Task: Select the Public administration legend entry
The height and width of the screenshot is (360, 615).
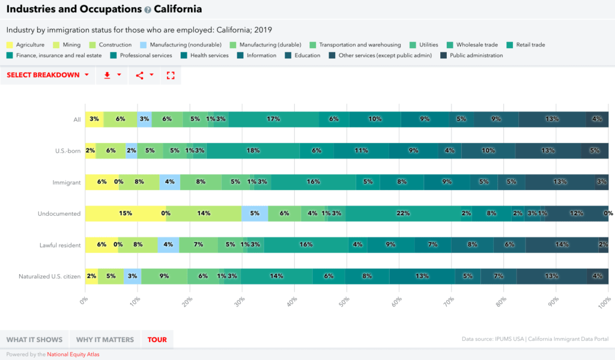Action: (x=476, y=55)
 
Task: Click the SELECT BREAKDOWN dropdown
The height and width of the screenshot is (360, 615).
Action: (x=48, y=75)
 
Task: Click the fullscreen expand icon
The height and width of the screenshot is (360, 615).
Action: (x=171, y=75)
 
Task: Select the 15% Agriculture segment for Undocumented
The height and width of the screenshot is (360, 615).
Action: (x=125, y=213)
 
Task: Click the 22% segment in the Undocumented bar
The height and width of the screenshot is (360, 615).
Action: (x=402, y=213)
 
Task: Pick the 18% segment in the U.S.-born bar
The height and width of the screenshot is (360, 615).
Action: (x=253, y=150)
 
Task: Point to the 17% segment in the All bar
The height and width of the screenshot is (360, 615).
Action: (x=273, y=119)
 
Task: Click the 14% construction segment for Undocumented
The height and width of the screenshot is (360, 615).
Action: (x=204, y=213)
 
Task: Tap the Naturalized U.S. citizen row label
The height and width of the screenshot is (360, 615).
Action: (x=50, y=276)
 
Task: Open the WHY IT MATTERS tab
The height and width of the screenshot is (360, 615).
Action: (x=105, y=340)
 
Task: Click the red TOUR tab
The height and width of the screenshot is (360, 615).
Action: (x=157, y=340)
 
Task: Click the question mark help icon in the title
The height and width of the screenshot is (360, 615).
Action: (x=148, y=10)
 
